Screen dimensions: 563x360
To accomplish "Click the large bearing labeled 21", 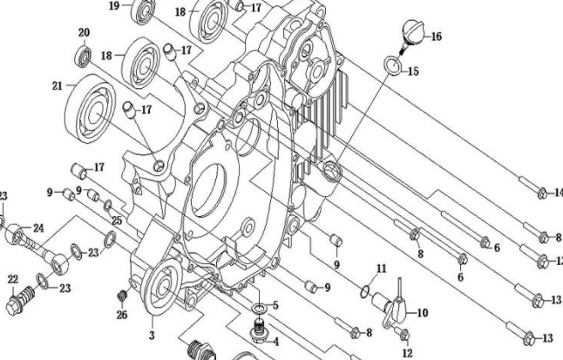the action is tap(91, 108).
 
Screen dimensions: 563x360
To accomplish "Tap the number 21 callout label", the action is tap(58, 86).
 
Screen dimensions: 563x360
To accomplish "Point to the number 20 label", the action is tap(84, 33).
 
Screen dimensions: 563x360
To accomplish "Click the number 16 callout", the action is tap(436, 37).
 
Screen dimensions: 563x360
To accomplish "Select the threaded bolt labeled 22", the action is tap(20, 300).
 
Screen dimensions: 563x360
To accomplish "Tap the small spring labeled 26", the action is tap(122, 296).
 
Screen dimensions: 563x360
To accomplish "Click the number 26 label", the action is tap(122, 315).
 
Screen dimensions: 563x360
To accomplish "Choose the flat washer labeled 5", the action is tap(259, 308).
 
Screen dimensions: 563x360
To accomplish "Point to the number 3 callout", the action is tap(152, 335).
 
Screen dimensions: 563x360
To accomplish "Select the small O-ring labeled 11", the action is tap(365, 291).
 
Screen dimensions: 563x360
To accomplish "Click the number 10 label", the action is tap(423, 313).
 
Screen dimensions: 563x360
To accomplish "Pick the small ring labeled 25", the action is tap(107, 206).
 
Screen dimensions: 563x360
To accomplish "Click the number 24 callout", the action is tap(38, 228).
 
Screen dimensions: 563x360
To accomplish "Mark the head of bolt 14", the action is tap(542, 194).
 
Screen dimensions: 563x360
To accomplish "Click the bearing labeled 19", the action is tap(143, 10).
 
